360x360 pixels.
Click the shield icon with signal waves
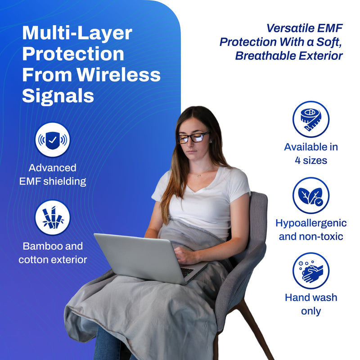53,140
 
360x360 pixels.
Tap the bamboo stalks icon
53,217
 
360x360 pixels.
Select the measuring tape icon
310,119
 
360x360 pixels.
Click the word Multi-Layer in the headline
77,33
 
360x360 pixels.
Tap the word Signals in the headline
58,95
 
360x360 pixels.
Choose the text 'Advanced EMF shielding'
53,175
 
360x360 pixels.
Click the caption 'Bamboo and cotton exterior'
53,253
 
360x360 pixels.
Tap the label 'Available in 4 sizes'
311,153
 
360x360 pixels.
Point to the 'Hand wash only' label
311,304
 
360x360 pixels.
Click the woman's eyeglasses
193,137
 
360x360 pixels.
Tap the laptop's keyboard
187,272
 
